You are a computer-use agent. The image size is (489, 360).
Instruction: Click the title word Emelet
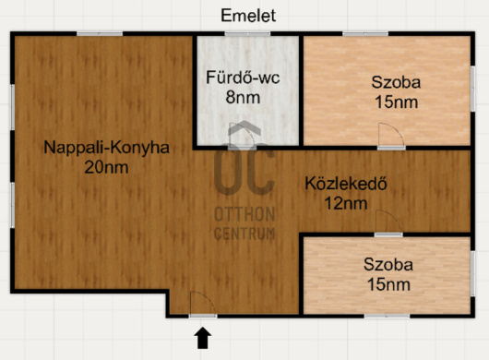click(x=248, y=15)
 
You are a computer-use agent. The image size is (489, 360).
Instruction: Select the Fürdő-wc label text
click(x=243, y=78)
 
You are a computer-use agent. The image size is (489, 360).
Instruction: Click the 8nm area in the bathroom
click(x=243, y=96)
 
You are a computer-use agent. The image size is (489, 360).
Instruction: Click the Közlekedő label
click(x=345, y=184)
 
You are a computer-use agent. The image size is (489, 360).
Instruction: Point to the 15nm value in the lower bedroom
click(x=388, y=284)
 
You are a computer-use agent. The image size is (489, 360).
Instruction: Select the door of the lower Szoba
click(x=387, y=224)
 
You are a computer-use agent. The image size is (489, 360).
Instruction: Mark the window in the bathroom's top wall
click(x=247, y=35)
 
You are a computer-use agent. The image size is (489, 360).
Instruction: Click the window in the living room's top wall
click(x=100, y=35)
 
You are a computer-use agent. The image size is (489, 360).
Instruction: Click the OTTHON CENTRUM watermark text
click(x=244, y=223)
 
